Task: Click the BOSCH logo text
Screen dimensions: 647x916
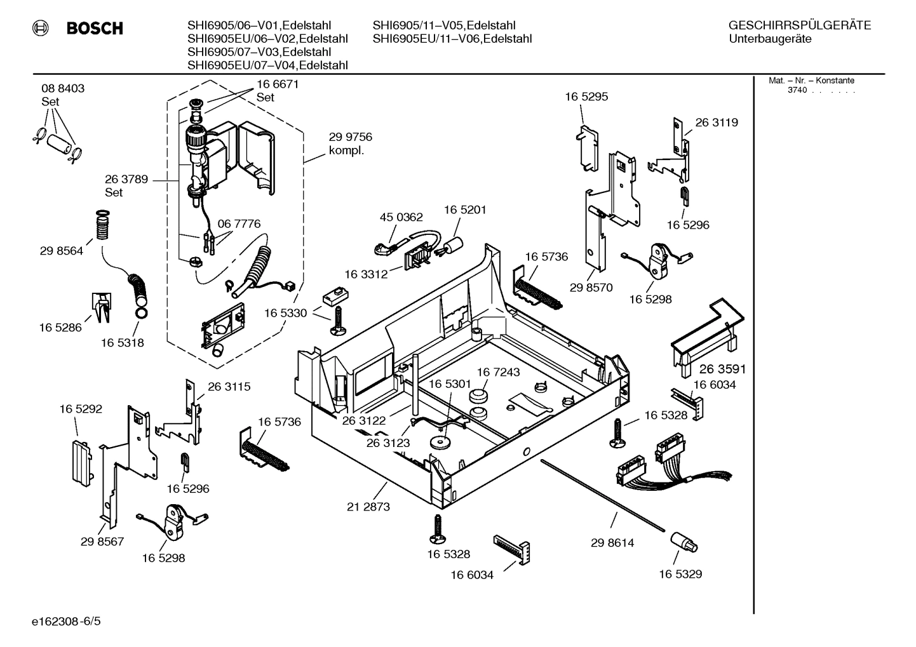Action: (x=95, y=29)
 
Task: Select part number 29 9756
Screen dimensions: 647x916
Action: (x=350, y=137)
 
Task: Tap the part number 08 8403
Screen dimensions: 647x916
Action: (x=63, y=88)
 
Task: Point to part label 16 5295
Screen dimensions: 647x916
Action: (x=586, y=97)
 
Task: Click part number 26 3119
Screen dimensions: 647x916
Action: (x=717, y=123)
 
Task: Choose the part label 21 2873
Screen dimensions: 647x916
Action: (x=368, y=507)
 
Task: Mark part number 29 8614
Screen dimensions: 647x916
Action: (x=612, y=543)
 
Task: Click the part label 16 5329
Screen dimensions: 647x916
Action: (x=680, y=574)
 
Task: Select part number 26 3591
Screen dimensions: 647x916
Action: (x=723, y=369)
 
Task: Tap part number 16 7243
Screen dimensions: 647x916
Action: (x=498, y=372)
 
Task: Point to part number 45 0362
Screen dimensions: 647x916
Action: (x=401, y=217)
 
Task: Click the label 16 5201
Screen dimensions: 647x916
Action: (x=465, y=210)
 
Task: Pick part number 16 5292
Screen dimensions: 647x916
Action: (x=81, y=410)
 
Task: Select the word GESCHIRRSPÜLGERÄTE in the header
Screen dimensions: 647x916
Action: (x=799, y=25)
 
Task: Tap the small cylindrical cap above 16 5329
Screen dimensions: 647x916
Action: (x=682, y=542)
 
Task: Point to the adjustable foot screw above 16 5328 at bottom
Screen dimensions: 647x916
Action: (x=437, y=528)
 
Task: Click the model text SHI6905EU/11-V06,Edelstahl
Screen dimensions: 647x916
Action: (x=452, y=39)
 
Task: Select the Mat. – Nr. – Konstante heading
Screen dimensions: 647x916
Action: (x=811, y=81)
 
